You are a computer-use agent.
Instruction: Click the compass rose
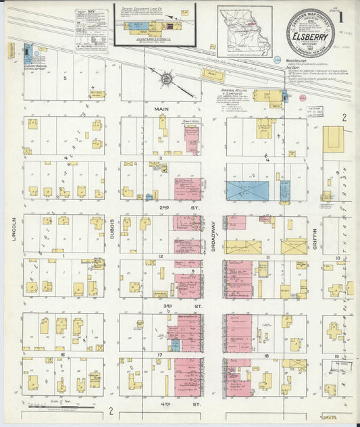[165, 80]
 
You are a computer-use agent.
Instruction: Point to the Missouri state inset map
[245, 31]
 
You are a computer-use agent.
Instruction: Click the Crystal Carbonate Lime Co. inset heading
[154, 7]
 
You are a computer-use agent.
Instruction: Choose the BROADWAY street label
[213, 236]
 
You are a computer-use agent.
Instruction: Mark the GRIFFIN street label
[314, 236]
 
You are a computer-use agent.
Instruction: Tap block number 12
[161, 257]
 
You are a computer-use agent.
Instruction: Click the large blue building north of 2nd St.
[247, 191]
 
